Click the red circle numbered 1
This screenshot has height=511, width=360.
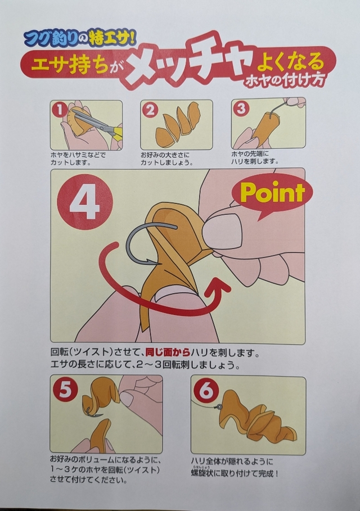pyautogui.click(x=60, y=110)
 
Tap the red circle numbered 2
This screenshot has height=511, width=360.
pyautogui.click(x=150, y=110)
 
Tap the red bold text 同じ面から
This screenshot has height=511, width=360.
pyautogui.click(x=167, y=352)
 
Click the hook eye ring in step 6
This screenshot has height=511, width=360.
pyautogui.click(x=219, y=406)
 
